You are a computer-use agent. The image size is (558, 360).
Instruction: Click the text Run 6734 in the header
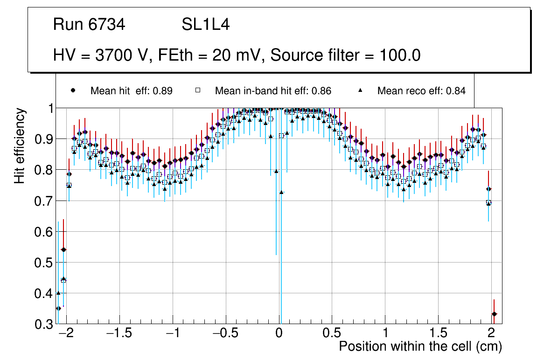[89, 25]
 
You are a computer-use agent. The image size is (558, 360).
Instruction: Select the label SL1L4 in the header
[206, 25]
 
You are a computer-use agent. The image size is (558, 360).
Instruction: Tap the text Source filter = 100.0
[346, 55]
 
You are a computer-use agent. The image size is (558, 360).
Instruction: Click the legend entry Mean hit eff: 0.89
[131, 91]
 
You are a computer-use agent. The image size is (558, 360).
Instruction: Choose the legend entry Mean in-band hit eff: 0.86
[273, 91]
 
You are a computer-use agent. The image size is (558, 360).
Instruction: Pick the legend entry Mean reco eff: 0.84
[421, 91]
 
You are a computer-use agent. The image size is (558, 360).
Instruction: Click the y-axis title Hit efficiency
[20, 145]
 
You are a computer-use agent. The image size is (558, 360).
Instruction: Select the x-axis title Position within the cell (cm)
[420, 346]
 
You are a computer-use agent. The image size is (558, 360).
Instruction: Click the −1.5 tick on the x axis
[120, 334]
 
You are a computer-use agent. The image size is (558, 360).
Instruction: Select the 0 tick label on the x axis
[279, 334]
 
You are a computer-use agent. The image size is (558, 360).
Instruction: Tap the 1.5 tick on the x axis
[438, 334]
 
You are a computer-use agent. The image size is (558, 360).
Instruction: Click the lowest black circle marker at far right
[494, 314]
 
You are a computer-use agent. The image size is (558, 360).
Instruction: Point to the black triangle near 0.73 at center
[281, 192]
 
